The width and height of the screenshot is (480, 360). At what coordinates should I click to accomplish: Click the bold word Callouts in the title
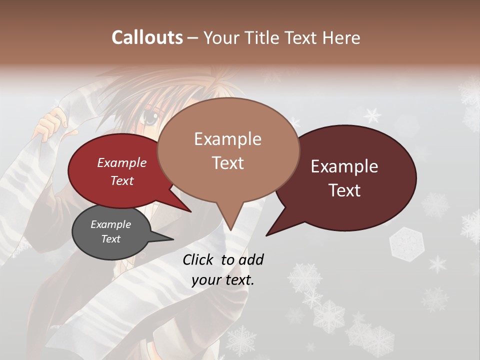pyautogui.click(x=147, y=37)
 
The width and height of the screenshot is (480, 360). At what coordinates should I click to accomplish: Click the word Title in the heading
pyautogui.click(x=264, y=37)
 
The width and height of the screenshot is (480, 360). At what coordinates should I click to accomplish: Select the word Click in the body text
pyautogui.click(x=198, y=259)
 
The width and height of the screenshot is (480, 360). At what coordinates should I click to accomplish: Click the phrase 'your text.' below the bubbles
pyautogui.click(x=223, y=280)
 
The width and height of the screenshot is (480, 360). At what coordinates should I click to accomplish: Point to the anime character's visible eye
pyautogui.click(x=150, y=119)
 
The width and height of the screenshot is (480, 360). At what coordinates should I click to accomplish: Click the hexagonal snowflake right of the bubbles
pyautogui.click(x=406, y=243)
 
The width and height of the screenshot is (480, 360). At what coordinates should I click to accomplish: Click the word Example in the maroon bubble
pyautogui.click(x=344, y=166)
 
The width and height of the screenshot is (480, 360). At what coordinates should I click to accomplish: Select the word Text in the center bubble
pyautogui.click(x=227, y=163)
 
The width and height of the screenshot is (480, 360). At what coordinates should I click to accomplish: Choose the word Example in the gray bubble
pyautogui.click(x=110, y=224)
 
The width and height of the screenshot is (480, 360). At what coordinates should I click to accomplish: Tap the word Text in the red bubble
pyautogui.click(x=122, y=180)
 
